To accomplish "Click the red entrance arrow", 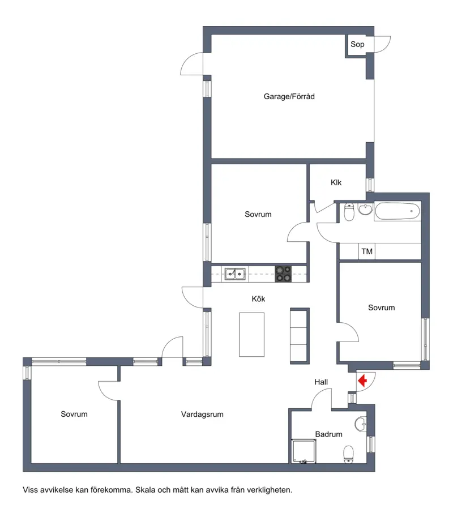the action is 362,380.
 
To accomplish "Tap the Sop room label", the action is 357,44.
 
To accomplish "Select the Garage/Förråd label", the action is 289,96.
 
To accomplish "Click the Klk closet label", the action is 336,182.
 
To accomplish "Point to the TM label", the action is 367,251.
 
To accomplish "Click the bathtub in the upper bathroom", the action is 398,211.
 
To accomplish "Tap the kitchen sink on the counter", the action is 236,274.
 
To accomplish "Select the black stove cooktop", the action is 283,274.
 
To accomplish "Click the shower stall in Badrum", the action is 304,451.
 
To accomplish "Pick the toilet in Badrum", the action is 348,454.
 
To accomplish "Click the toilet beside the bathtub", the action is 349,212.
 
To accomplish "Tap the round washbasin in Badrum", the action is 361,424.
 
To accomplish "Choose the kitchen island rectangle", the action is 252,335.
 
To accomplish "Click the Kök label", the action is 258,299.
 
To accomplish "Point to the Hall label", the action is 321,382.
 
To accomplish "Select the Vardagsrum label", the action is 202,415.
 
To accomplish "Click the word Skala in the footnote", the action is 144,490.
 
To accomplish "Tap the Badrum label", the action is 328,434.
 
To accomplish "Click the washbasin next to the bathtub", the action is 366,210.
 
